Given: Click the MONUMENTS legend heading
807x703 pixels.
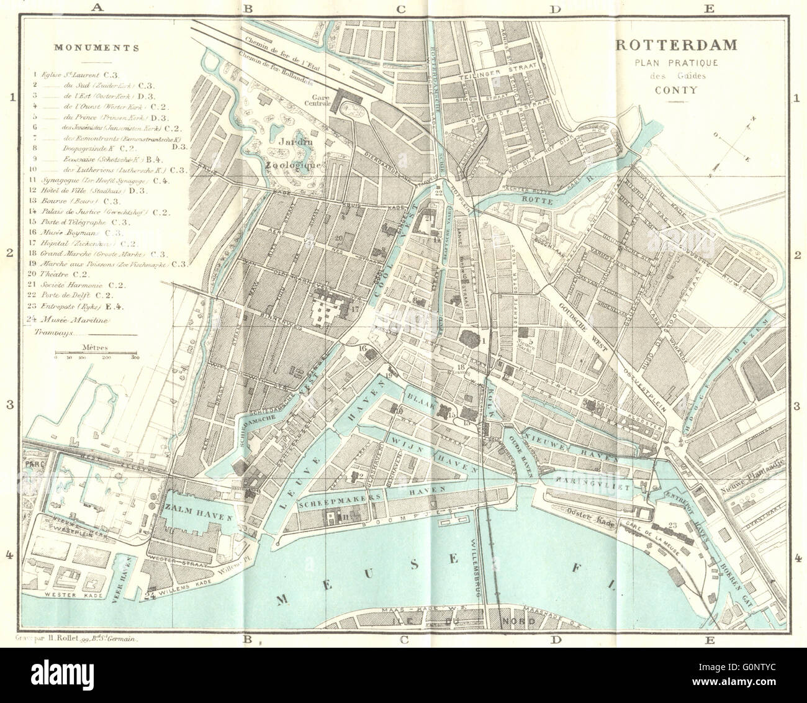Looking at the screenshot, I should tap(96, 47).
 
